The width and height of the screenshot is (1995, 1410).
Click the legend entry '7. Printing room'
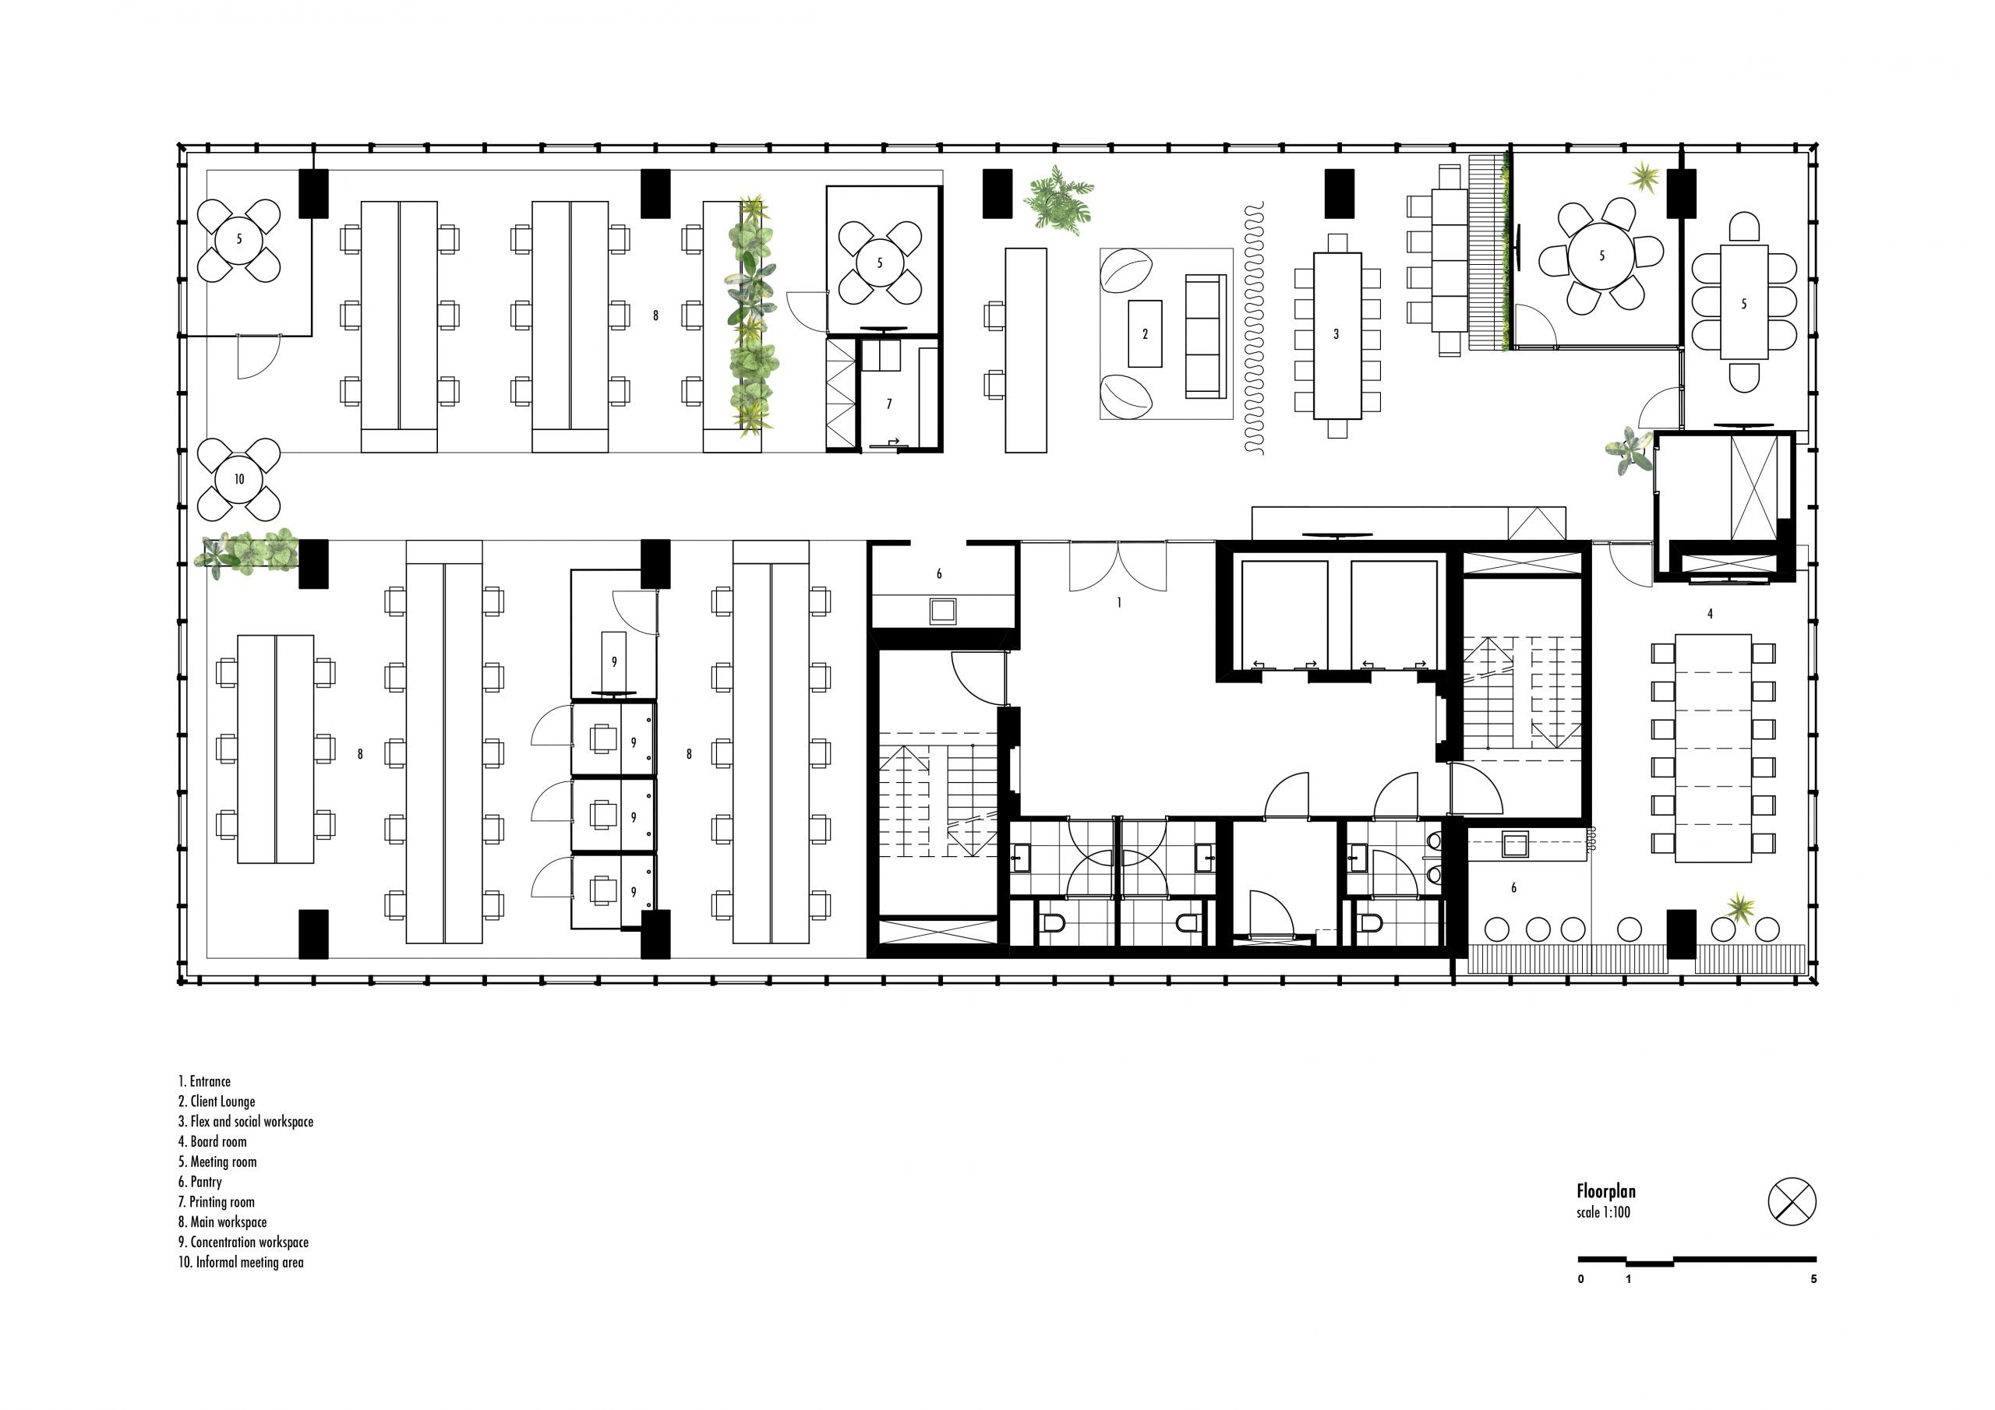(x=217, y=1201)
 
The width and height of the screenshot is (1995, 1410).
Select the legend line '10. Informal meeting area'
(x=241, y=1262)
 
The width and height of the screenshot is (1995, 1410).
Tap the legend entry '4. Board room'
(x=212, y=1141)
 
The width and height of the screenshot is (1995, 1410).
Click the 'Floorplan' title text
(x=1605, y=1192)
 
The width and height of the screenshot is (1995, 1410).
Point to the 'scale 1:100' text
(x=1603, y=1213)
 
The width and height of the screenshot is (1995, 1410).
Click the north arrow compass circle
(x=1792, y=1202)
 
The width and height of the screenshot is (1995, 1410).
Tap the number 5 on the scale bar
(x=1813, y=1280)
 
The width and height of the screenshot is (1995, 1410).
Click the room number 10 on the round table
(x=239, y=478)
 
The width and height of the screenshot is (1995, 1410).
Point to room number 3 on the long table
(x=1336, y=333)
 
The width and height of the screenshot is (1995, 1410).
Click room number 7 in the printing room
(x=889, y=404)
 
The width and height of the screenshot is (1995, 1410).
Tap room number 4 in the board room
(x=1709, y=613)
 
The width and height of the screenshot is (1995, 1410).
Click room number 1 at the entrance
(x=1119, y=602)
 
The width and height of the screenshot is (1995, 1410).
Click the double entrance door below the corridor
(x=1118, y=566)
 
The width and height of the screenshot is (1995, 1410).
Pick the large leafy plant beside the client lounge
(x=1058, y=201)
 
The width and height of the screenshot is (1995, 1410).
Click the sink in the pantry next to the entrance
(x=942, y=611)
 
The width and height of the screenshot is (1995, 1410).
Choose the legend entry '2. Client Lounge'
(x=217, y=1102)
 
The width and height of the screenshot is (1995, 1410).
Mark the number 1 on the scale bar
(x=1627, y=1280)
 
